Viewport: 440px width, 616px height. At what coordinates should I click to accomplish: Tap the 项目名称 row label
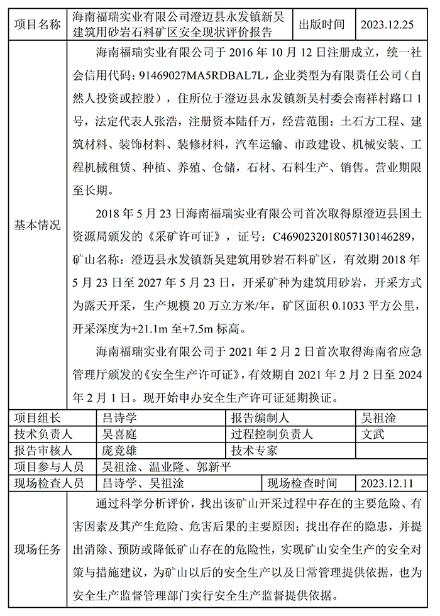38,25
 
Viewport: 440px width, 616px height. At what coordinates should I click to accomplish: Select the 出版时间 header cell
322,25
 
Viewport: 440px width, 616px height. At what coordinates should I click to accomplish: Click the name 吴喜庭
119,434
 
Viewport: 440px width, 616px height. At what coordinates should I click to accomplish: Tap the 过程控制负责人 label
272,434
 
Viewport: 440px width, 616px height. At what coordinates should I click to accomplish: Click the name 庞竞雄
119,451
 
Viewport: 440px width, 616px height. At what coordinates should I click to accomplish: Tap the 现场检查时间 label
302,483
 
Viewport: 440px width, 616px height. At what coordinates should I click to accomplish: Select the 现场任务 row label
38,549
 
